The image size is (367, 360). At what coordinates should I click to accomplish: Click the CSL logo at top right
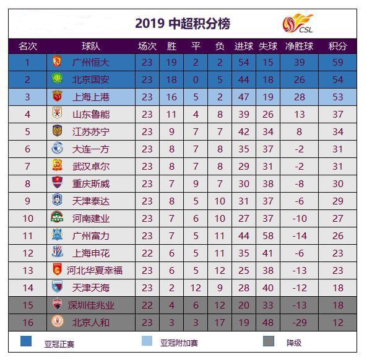pyautogui.click(x=298, y=23)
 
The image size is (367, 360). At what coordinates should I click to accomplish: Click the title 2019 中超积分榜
pyautogui.click(x=183, y=24)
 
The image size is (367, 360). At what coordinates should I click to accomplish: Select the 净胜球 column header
pyautogui.click(x=299, y=46)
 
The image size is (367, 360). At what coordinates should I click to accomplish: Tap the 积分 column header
pyautogui.click(x=337, y=46)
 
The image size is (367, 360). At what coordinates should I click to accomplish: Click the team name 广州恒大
pyautogui.click(x=91, y=63)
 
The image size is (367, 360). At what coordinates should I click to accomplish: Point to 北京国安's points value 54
pyautogui.click(x=338, y=80)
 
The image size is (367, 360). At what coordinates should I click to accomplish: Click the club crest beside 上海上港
pyautogui.click(x=57, y=96)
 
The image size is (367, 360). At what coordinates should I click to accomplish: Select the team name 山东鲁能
pyautogui.click(x=91, y=115)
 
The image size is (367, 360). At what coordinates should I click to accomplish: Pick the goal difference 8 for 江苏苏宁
pyautogui.click(x=300, y=132)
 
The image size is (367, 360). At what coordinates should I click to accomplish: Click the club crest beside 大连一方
pyautogui.click(x=57, y=148)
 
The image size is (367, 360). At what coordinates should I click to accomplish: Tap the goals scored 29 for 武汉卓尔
pyautogui.click(x=244, y=167)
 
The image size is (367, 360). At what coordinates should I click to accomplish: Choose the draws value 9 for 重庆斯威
pyautogui.click(x=196, y=184)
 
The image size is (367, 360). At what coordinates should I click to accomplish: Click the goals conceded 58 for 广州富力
pyautogui.click(x=268, y=236)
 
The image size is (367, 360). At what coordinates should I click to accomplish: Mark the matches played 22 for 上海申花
pyautogui.click(x=147, y=253)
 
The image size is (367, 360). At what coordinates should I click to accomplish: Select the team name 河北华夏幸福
pyautogui.click(x=95, y=271)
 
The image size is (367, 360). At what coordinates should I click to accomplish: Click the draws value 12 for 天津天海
pyautogui.click(x=196, y=288)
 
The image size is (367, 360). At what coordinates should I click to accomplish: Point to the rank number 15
pyautogui.click(x=28, y=305)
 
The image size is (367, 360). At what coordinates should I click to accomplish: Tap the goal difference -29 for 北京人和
pyautogui.click(x=300, y=323)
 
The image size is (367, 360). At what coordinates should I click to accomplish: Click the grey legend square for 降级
pyautogui.click(x=269, y=341)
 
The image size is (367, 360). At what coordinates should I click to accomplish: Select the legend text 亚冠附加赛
pyautogui.click(x=179, y=343)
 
